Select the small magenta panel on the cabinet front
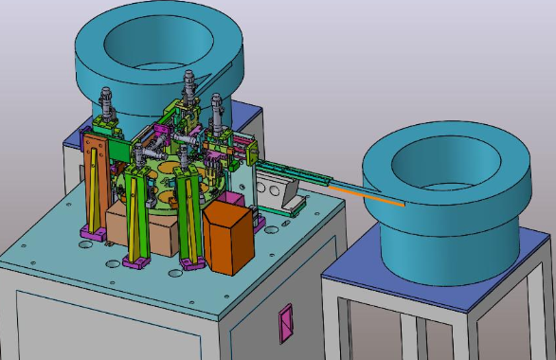click(x=285, y=322)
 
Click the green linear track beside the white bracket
click(x=284, y=171)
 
